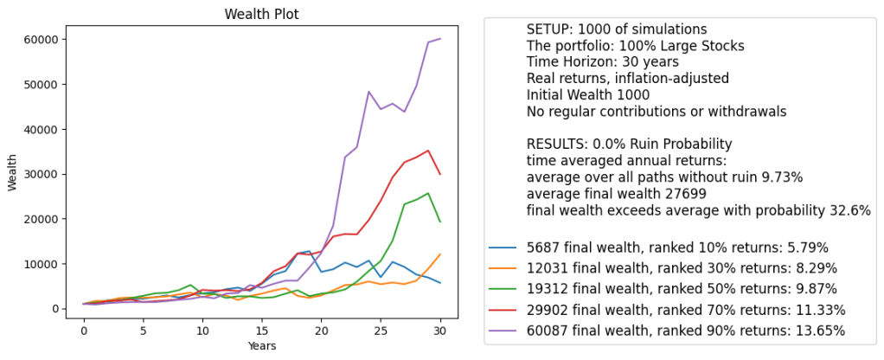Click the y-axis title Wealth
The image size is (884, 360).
click(x=12, y=173)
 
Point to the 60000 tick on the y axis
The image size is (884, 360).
click(x=42, y=40)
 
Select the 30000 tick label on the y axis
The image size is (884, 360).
click(x=42, y=174)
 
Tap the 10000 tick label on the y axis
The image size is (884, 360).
click(x=42, y=264)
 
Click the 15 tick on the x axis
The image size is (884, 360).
click(x=262, y=330)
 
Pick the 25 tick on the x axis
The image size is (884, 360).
click(x=381, y=330)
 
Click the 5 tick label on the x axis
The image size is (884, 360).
click(x=144, y=330)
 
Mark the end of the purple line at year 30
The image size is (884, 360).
click(x=439, y=39)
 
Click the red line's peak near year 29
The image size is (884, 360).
click(x=427, y=151)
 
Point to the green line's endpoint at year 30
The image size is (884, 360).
click(x=439, y=222)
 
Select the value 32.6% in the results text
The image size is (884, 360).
click(x=843, y=210)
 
